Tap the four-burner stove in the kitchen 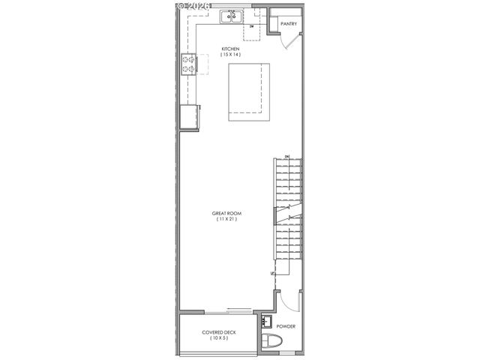pyautogui.click(x=188, y=65)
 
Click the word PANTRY pyautogui.click(x=289, y=24)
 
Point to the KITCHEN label pyautogui.click(x=229, y=49)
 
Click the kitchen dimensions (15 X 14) pyautogui.click(x=229, y=55)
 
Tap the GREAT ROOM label pyautogui.click(x=226, y=213)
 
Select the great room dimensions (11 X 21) pyautogui.click(x=226, y=219)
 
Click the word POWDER pyautogui.click(x=286, y=327)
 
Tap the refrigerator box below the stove pyautogui.click(x=188, y=116)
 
